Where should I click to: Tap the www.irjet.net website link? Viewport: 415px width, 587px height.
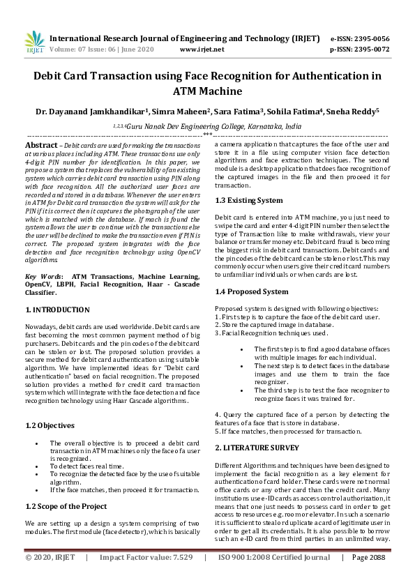[x=202, y=49]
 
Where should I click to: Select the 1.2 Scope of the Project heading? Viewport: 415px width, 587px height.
[x=66, y=506]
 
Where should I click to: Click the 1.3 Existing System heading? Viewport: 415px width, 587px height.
[x=249, y=200]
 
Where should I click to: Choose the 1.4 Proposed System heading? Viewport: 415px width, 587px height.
[x=252, y=291]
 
